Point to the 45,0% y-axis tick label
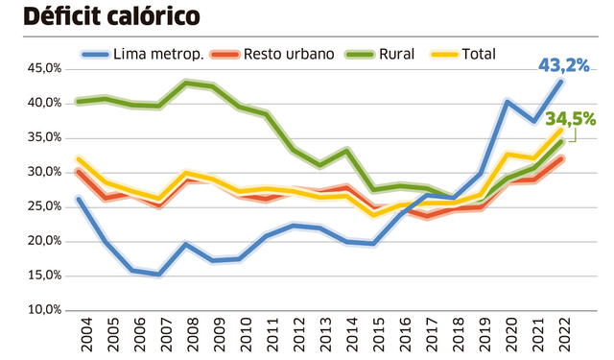click(x=42, y=69)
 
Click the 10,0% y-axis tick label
click(x=42, y=310)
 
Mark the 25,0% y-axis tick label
click(x=42, y=206)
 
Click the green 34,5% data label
click(x=570, y=120)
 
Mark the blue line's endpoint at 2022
click(x=560, y=82)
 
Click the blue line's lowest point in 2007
click(x=158, y=274)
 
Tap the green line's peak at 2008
click(x=185, y=83)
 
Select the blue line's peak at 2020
click(x=507, y=101)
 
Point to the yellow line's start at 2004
click(x=78, y=158)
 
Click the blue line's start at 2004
click(x=78, y=199)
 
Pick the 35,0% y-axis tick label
click(x=42, y=137)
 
